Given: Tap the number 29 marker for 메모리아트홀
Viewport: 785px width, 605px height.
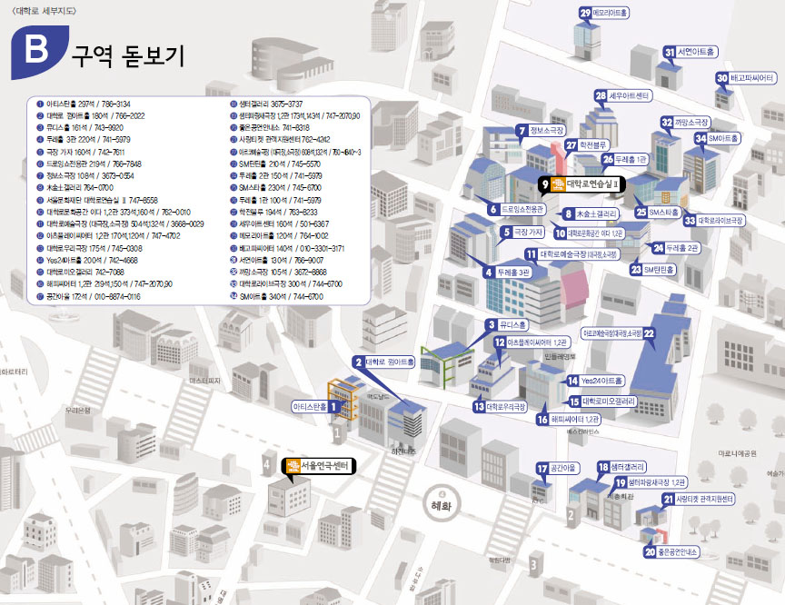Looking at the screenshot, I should (585, 13).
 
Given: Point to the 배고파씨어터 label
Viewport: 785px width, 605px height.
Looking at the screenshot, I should (751, 78).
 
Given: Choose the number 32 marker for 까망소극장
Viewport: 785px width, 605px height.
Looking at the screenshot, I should (666, 123).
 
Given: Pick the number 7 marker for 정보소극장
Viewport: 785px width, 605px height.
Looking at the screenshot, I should (522, 131).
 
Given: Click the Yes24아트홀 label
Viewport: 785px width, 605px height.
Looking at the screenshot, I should (601, 381).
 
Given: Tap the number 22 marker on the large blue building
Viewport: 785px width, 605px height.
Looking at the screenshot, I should (650, 333).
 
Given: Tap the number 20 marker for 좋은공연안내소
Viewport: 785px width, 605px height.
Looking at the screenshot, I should (650, 550).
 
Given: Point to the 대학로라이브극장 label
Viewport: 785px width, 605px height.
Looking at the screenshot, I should (720, 221).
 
